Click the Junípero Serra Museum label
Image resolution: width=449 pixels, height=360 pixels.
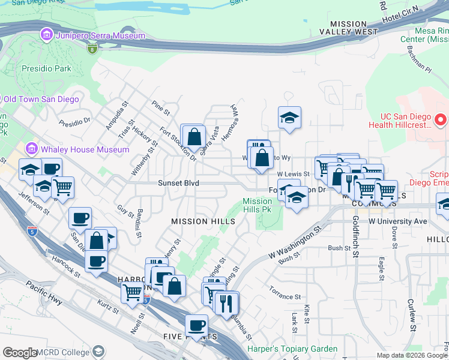pyautogui.click(x=101, y=35)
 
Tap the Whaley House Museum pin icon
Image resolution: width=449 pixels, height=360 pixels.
pyautogui.click(x=31, y=148)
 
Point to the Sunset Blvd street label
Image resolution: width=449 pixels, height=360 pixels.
pyautogui.click(x=178, y=183)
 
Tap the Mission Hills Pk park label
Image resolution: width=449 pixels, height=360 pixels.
pyautogui.click(x=257, y=206)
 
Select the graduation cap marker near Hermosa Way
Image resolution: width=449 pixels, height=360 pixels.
pyautogui.click(x=289, y=118)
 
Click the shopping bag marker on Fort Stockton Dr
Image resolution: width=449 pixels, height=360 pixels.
pyautogui.click(x=194, y=136)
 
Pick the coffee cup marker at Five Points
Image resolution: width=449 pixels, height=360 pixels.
pyautogui.click(x=196, y=326)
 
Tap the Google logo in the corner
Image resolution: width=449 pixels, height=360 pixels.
pyautogui.click(x=20, y=353)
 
